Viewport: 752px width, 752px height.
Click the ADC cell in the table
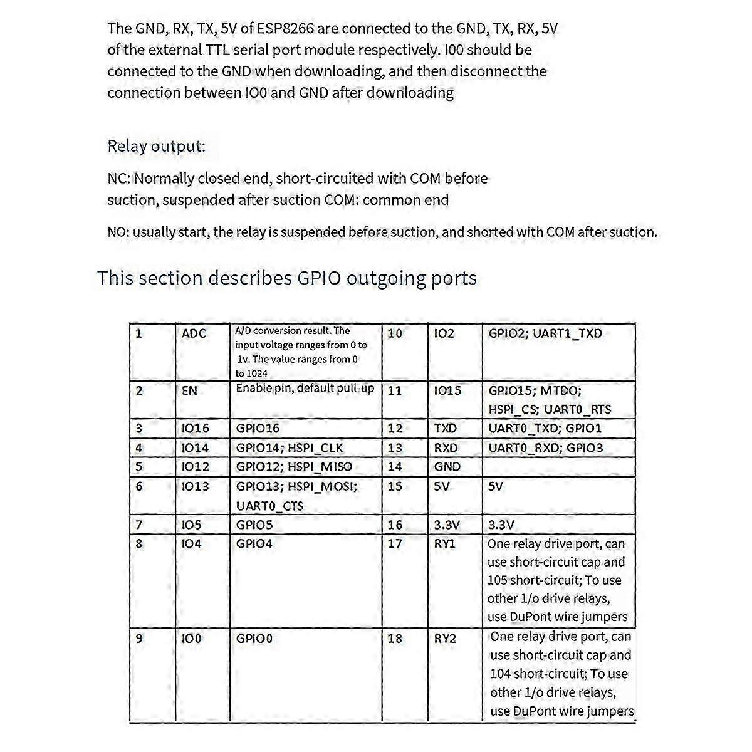point(194,333)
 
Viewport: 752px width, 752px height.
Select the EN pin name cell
point(189,390)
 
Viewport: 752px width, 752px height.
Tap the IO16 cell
point(195,429)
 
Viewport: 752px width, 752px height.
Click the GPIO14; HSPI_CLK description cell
point(290,448)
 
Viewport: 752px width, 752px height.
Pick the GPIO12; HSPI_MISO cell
point(294,467)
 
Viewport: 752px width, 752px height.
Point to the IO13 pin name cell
point(195,486)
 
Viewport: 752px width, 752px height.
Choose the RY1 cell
point(445,544)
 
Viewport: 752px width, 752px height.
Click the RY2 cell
point(445,639)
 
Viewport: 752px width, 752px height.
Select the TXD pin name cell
point(446,429)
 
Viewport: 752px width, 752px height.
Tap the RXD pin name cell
point(446,448)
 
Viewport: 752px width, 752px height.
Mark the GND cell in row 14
point(447,467)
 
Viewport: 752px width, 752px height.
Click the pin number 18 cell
point(395,639)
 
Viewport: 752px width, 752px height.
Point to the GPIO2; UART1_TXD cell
point(545,333)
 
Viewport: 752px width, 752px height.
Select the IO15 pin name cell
point(447,390)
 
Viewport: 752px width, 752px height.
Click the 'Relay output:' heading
point(156,147)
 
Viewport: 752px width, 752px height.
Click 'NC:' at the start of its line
point(118,179)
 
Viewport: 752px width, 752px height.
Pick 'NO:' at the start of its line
point(118,232)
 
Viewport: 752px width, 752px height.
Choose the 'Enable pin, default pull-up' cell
point(305,389)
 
